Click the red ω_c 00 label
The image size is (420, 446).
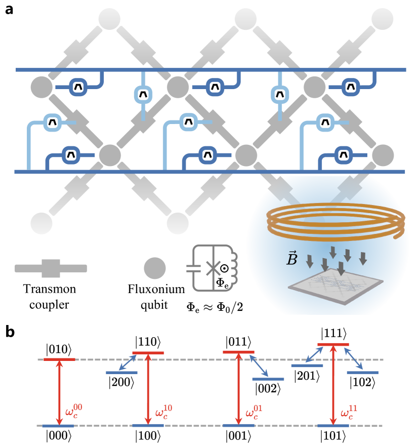tap(73, 411)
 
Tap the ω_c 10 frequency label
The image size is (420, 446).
tap(163, 411)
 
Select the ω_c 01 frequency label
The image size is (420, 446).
tap(254, 411)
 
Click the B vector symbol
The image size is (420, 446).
tap(292, 259)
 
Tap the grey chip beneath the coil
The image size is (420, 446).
tap(335, 285)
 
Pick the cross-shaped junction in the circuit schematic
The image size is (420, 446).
tap(214, 268)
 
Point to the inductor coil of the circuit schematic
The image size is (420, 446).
tap(233, 268)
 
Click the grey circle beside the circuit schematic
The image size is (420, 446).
tap(155, 268)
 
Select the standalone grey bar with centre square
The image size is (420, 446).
tap(51, 268)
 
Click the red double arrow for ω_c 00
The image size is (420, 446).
tap(59, 392)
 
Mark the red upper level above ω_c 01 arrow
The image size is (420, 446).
tap(238, 352)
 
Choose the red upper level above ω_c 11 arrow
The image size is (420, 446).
tap(333, 345)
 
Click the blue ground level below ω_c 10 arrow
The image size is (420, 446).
tap(148, 426)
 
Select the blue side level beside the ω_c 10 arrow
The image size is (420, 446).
tap(121, 373)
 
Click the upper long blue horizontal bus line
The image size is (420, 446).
tap(211, 70)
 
